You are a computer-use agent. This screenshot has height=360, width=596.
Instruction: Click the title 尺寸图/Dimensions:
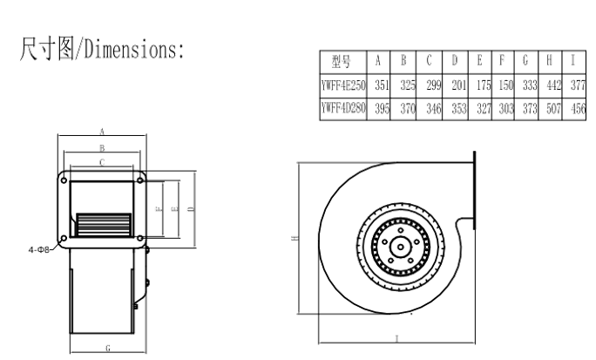tap(101, 49)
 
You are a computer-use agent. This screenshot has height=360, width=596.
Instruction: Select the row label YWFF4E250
tap(343, 85)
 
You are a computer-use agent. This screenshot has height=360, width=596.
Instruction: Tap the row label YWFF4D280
tap(343, 109)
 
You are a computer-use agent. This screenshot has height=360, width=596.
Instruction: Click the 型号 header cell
tap(342, 61)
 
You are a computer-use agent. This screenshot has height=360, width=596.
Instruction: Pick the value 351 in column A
tap(382, 85)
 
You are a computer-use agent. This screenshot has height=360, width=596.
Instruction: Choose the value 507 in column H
tap(553, 109)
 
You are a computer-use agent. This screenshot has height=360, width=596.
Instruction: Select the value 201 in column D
tap(459, 85)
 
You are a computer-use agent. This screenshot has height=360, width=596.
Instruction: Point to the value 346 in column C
tap(434, 109)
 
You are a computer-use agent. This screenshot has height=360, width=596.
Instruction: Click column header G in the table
tap(525, 60)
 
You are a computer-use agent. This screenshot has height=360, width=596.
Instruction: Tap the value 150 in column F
tap(506, 85)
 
